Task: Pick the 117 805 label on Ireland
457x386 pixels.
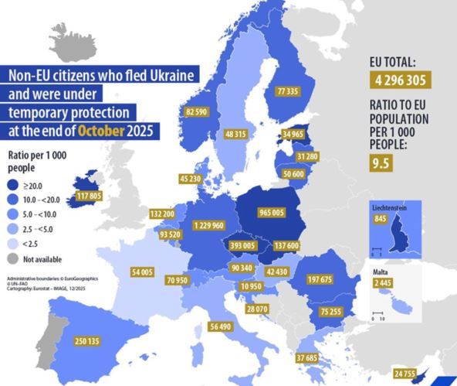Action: tap(90, 196)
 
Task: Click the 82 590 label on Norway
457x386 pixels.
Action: tap(200, 112)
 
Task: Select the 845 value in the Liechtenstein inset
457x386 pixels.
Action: tap(378, 218)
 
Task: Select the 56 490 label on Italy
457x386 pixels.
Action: tap(220, 326)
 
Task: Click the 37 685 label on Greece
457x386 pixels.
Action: tap(312, 357)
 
